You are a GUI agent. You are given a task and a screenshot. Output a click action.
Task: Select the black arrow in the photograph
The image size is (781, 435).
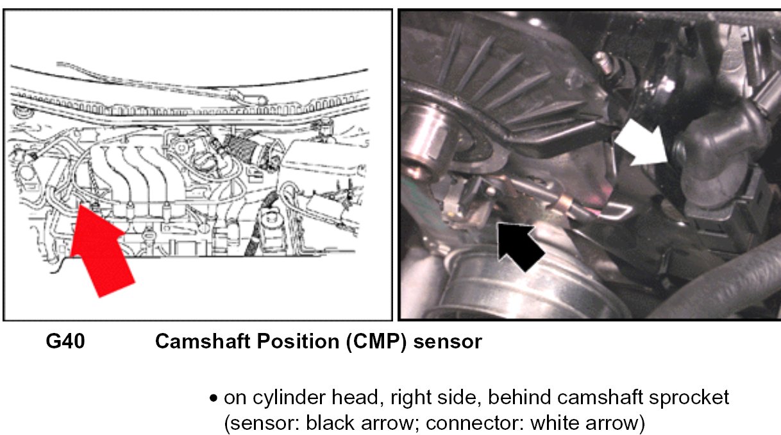(521, 245)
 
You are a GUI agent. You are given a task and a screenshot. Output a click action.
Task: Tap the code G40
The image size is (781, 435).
(65, 341)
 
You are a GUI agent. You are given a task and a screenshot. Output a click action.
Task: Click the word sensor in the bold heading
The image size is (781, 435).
(448, 341)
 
